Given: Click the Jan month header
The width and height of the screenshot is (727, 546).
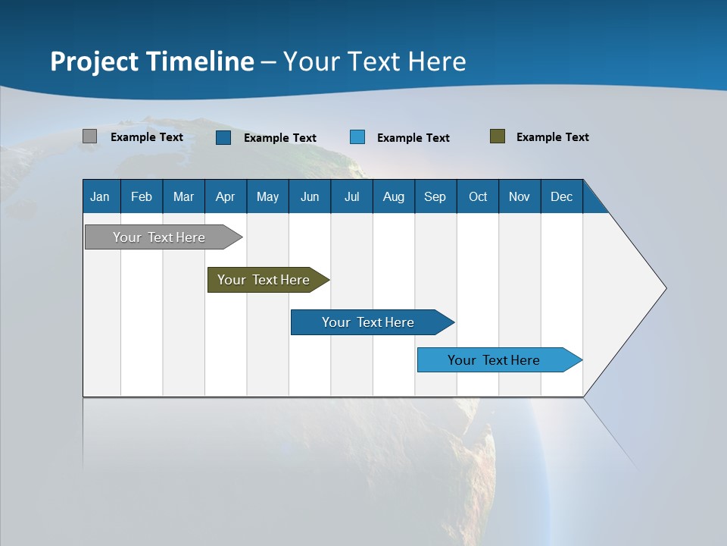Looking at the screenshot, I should tap(100, 196).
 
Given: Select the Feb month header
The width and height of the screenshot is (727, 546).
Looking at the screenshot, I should tap(142, 196).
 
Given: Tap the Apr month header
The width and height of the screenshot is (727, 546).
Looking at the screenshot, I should tap(225, 196).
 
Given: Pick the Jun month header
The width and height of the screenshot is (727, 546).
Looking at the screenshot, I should tap(310, 196).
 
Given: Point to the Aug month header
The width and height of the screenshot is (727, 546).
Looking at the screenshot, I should tap(393, 196).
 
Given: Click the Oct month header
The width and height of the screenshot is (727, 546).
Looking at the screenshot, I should tap(478, 196).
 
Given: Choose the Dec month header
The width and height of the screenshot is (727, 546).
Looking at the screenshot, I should tap(561, 196).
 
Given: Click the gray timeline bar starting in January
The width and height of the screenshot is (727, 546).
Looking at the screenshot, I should tap(159, 237).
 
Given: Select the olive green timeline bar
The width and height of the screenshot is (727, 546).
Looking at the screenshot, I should tap(264, 280).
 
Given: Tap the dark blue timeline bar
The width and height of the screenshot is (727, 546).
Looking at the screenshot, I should tap(368, 322).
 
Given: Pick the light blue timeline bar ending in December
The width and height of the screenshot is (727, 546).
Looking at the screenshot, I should tap(494, 360).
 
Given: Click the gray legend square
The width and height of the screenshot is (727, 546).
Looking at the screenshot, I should tap(89, 136).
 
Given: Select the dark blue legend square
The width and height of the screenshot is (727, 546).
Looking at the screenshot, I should tap(223, 137).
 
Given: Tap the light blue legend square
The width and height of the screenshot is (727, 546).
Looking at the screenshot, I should tap(357, 137).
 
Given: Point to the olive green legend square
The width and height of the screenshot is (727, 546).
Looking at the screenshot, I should tap(497, 136).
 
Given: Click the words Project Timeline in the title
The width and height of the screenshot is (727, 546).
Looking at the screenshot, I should tap(152, 61).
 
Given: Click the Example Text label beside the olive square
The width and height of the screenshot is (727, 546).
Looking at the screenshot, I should tap(552, 137).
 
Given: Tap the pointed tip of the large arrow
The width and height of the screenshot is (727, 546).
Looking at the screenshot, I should tap(663, 288).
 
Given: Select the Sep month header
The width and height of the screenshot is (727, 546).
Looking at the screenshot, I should tap(435, 196).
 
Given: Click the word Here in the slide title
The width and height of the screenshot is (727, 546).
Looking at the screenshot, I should tap(437, 61).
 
